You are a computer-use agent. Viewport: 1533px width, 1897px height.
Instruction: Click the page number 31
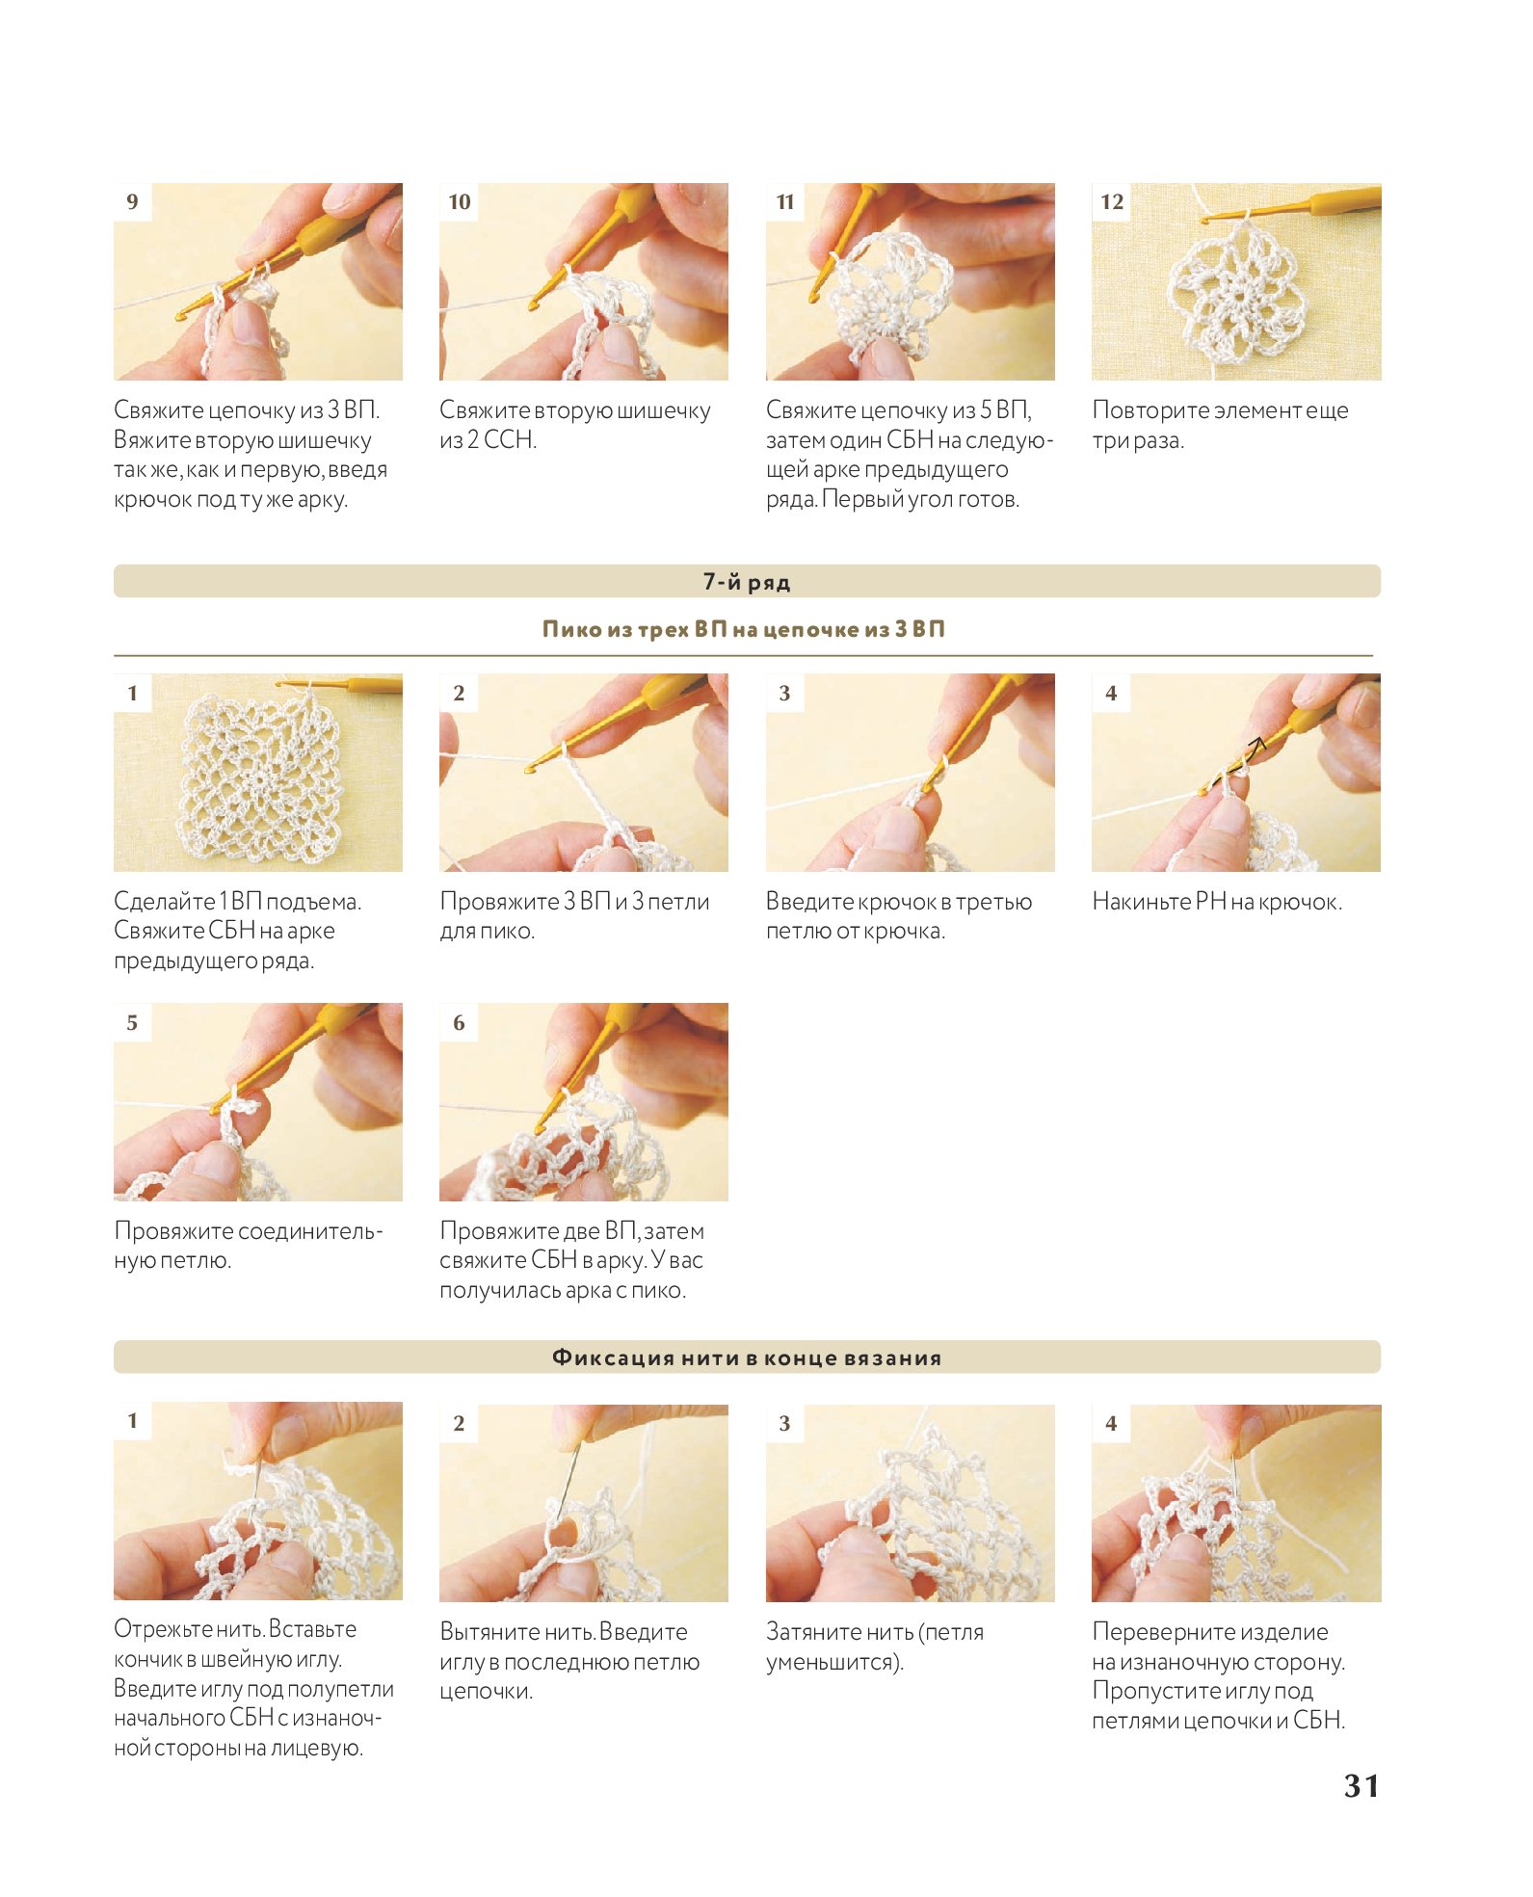[x=1361, y=1785]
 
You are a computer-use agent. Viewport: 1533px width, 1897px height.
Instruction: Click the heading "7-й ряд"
[x=747, y=582]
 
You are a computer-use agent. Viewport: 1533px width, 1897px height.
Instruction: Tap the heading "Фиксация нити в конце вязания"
[x=747, y=1357]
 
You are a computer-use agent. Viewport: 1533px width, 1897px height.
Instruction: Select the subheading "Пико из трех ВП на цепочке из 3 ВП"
[x=744, y=629]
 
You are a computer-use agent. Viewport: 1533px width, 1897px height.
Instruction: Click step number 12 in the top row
[x=1112, y=201]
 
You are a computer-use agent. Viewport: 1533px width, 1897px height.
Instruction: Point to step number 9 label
[x=133, y=201]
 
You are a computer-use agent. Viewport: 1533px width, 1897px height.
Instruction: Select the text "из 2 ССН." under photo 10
[x=488, y=440]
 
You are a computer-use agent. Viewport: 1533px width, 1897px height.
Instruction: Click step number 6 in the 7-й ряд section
[x=459, y=1022]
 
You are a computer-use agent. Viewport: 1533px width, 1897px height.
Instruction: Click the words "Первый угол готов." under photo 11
[x=920, y=500]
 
